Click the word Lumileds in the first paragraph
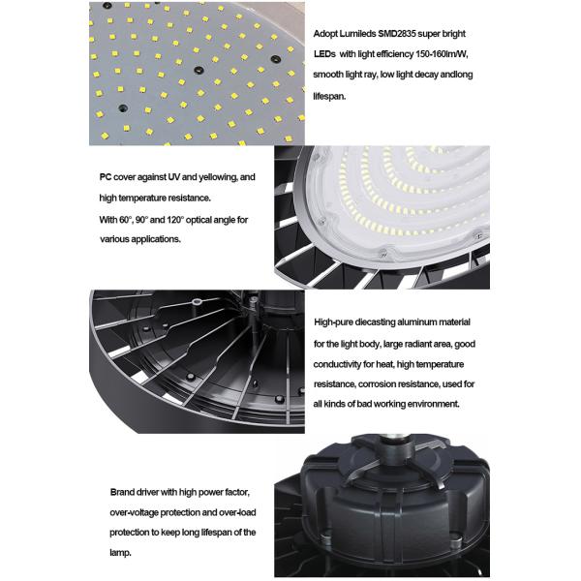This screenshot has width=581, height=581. [x=357, y=34]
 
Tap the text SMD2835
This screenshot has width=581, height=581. [x=396, y=34]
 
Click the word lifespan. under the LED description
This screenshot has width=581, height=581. [x=329, y=97]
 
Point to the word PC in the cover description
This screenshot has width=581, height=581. [x=106, y=177]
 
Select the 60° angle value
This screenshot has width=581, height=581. [x=126, y=220]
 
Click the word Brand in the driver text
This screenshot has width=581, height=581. [x=122, y=493]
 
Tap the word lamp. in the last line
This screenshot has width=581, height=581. [x=120, y=553]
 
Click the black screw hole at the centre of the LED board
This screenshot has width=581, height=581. [x=199, y=70]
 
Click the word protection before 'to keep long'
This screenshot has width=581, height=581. [x=130, y=533]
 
